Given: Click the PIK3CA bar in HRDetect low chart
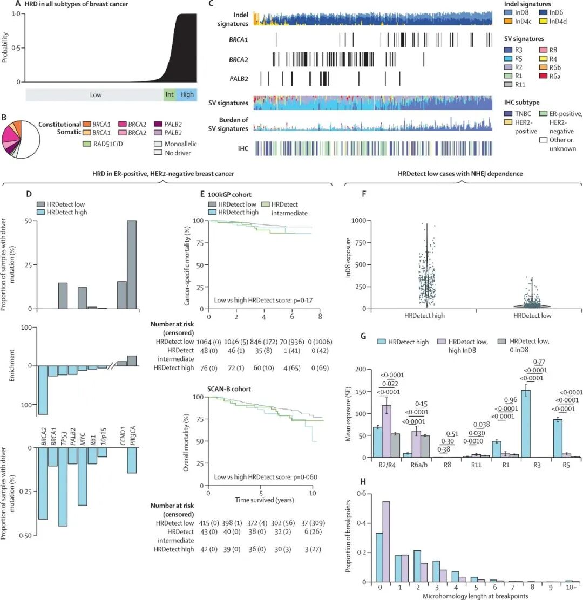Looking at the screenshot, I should coord(132,264).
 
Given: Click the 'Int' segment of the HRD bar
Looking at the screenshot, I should coord(170,94).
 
